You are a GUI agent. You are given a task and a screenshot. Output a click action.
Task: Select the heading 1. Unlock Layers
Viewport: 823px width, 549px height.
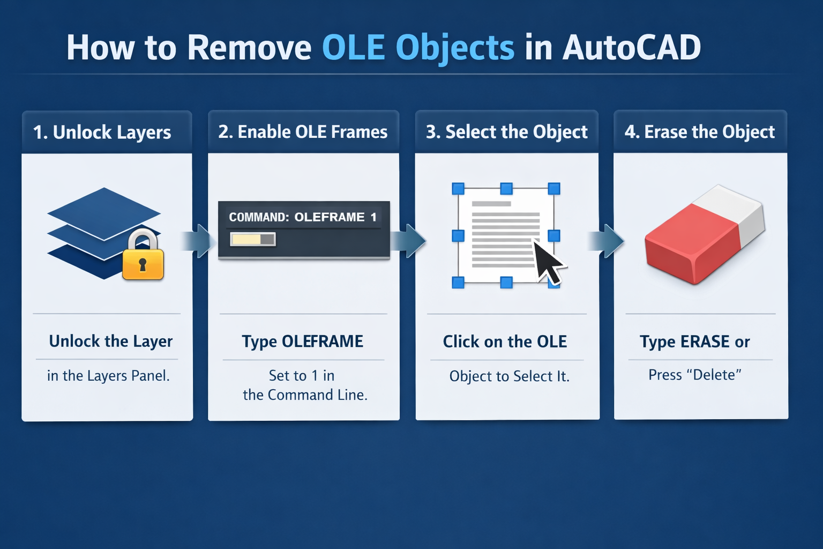[102, 132]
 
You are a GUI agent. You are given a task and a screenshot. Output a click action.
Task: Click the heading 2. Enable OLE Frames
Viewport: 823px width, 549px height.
[303, 132]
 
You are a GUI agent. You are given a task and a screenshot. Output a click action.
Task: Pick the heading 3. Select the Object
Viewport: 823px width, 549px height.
[507, 132]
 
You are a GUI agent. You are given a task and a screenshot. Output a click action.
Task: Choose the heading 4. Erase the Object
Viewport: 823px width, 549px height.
[700, 132]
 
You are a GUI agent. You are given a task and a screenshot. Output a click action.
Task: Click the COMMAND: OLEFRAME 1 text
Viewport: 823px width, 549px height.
[303, 217]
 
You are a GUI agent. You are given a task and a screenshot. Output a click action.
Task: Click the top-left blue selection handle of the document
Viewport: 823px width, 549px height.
[458, 189]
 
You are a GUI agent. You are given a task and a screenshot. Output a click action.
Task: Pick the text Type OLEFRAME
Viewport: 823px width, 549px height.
[303, 342]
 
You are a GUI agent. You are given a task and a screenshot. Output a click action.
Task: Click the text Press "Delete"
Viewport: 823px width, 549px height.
[695, 375]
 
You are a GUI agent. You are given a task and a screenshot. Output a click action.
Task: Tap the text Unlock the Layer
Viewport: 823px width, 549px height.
[110, 342]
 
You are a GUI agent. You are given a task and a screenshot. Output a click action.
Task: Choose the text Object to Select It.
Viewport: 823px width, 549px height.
[509, 376]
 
